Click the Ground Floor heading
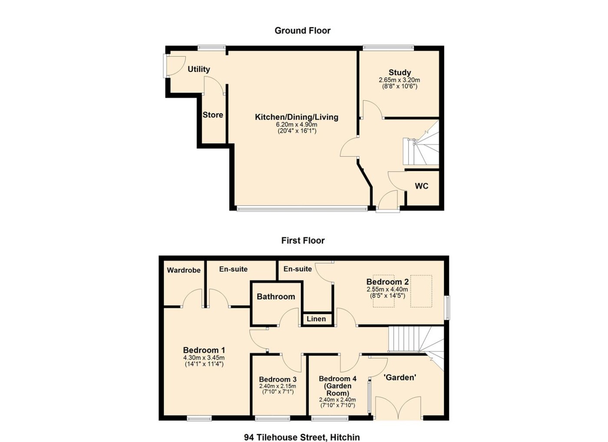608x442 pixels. [x=302, y=31]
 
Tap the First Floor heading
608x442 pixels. [x=303, y=241]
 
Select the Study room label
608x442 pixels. [x=400, y=73]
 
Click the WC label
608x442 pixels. [x=422, y=186]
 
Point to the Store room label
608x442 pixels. [x=213, y=115]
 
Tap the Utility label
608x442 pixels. [x=199, y=69]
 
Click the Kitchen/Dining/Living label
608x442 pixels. [x=296, y=117]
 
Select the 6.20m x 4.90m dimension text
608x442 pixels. [x=296, y=125]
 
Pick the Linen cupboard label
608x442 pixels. [x=316, y=319]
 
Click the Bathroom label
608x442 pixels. [x=276, y=297]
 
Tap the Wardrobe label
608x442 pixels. [x=184, y=270]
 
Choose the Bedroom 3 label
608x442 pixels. [x=278, y=379]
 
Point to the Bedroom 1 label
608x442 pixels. [x=204, y=350]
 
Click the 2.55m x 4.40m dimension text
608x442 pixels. [x=387, y=290]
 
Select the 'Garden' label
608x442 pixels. [x=400, y=377]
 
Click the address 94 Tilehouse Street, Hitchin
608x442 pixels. [x=302, y=430]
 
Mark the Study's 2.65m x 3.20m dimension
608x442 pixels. [x=400, y=80]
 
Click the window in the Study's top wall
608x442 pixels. [x=388, y=48]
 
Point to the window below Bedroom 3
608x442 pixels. [x=272, y=419]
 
